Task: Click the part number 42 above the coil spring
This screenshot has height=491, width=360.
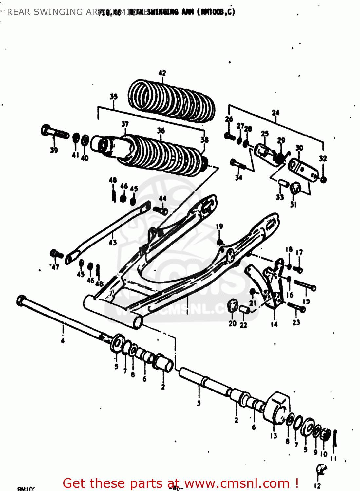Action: click(162, 73)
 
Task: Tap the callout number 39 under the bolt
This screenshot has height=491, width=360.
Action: click(54, 150)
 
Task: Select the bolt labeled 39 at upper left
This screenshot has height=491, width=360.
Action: click(54, 132)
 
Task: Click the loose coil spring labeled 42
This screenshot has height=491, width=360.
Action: click(171, 100)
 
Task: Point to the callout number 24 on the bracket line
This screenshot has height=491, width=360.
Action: click(275, 113)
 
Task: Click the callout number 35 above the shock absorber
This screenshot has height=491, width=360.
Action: click(113, 96)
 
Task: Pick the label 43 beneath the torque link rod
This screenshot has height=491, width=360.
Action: click(112, 243)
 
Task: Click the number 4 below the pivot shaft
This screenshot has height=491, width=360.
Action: click(62, 341)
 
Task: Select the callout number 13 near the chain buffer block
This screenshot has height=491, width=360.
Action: click(274, 436)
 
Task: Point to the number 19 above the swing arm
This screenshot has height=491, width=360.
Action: click(219, 226)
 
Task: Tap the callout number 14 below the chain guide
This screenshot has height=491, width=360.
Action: click(274, 324)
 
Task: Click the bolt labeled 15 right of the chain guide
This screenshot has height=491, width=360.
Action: click(305, 285)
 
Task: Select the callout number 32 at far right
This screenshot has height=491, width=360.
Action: click(323, 158)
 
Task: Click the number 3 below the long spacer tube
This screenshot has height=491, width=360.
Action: click(199, 403)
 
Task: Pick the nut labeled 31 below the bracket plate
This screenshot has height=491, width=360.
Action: click(295, 188)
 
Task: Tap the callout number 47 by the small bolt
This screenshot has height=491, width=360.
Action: click(55, 267)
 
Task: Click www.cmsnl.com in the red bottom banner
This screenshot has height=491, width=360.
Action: click(237, 483)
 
